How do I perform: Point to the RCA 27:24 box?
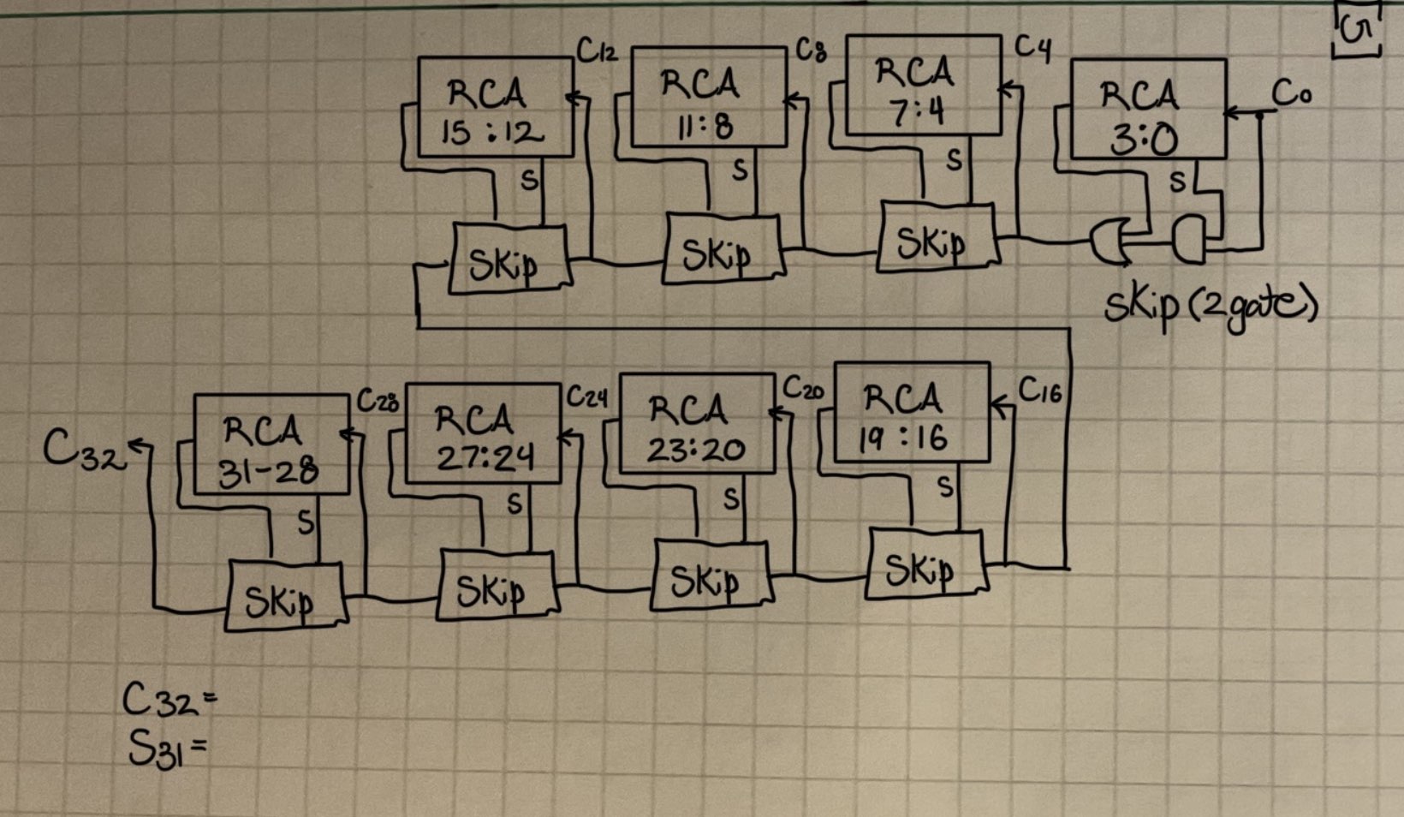point(482,434)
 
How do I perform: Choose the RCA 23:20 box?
point(696,425)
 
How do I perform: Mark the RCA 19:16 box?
point(911,414)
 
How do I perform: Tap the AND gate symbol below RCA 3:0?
point(1187,238)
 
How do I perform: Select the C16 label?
point(1039,391)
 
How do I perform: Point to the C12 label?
point(597,52)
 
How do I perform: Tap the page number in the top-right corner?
point(1357,32)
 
